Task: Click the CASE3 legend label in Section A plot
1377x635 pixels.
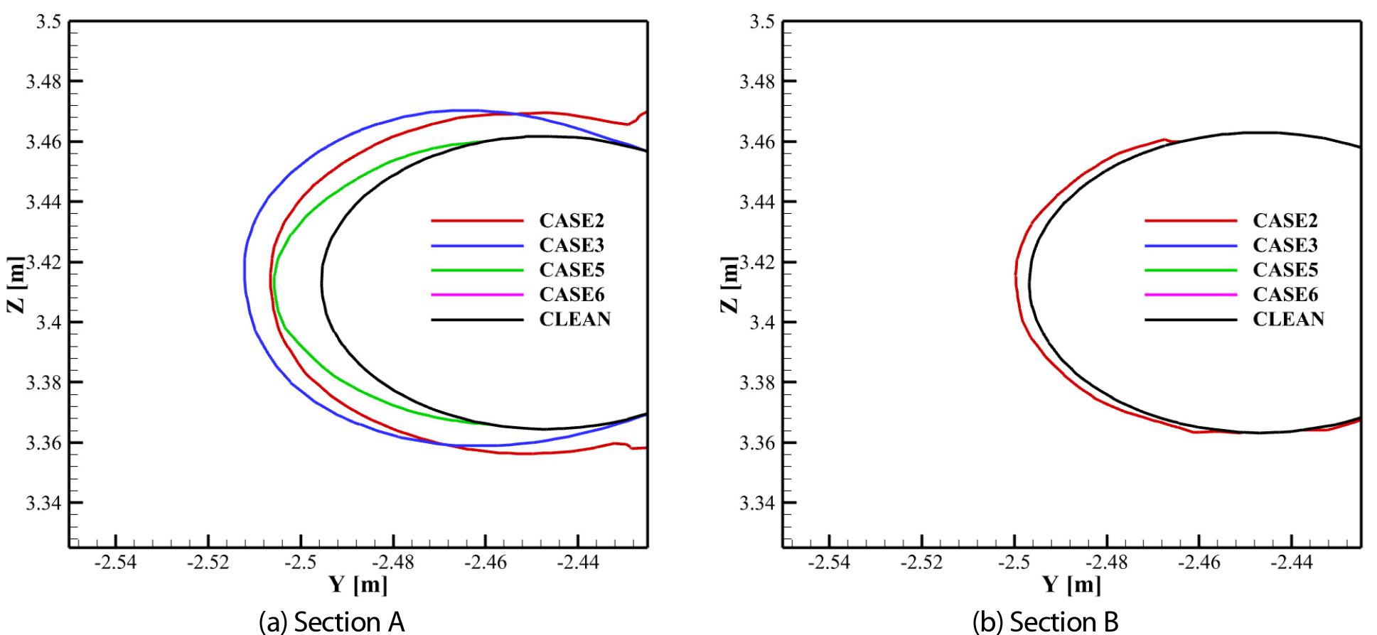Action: pyautogui.click(x=572, y=245)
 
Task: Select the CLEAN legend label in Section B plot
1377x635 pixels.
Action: pyautogui.click(x=1288, y=319)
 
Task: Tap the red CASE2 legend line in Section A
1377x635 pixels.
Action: pyautogui.click(x=477, y=221)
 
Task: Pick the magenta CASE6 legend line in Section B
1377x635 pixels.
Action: pyautogui.click(x=1191, y=294)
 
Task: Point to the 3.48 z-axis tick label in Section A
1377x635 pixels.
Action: pyautogui.click(x=44, y=82)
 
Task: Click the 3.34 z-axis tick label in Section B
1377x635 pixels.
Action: pyautogui.click(x=758, y=503)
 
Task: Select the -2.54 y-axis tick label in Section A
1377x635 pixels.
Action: pyautogui.click(x=115, y=563)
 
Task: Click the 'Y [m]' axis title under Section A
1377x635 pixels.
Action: pyautogui.click(x=358, y=585)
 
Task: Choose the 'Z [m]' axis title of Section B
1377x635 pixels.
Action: pyautogui.click(x=729, y=284)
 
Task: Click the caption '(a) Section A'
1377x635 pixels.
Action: pyautogui.click(x=331, y=622)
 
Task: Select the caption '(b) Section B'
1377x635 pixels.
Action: pyautogui.click(x=1045, y=622)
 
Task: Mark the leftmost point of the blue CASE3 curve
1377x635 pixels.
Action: pyautogui.click(x=245, y=273)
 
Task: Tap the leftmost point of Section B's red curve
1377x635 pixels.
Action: pyautogui.click(x=1015, y=274)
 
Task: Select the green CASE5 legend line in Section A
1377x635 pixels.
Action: pyautogui.click(x=477, y=270)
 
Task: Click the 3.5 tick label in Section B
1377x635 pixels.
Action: pyautogui.click(x=762, y=22)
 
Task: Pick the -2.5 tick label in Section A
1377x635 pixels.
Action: pyautogui.click(x=301, y=563)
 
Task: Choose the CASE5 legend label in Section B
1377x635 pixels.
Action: pyautogui.click(x=1285, y=270)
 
